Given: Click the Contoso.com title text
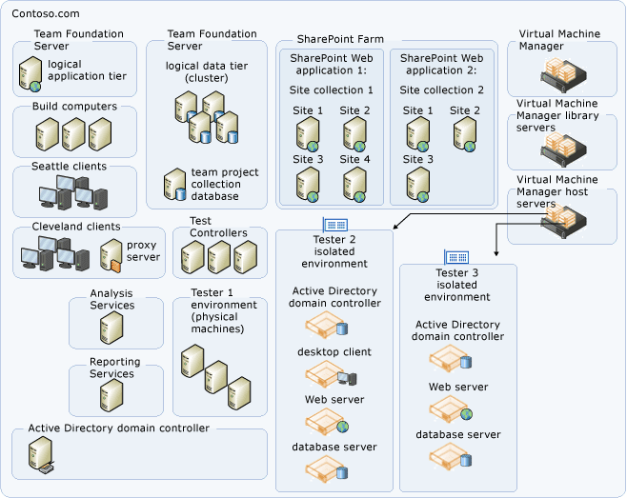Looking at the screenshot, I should click(46, 14).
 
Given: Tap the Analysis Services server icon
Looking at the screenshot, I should click(111, 329).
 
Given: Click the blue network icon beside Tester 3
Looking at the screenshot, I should click(455, 258).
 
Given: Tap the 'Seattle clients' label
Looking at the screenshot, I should click(69, 167).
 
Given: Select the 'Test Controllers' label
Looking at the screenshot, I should click(217, 227).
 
